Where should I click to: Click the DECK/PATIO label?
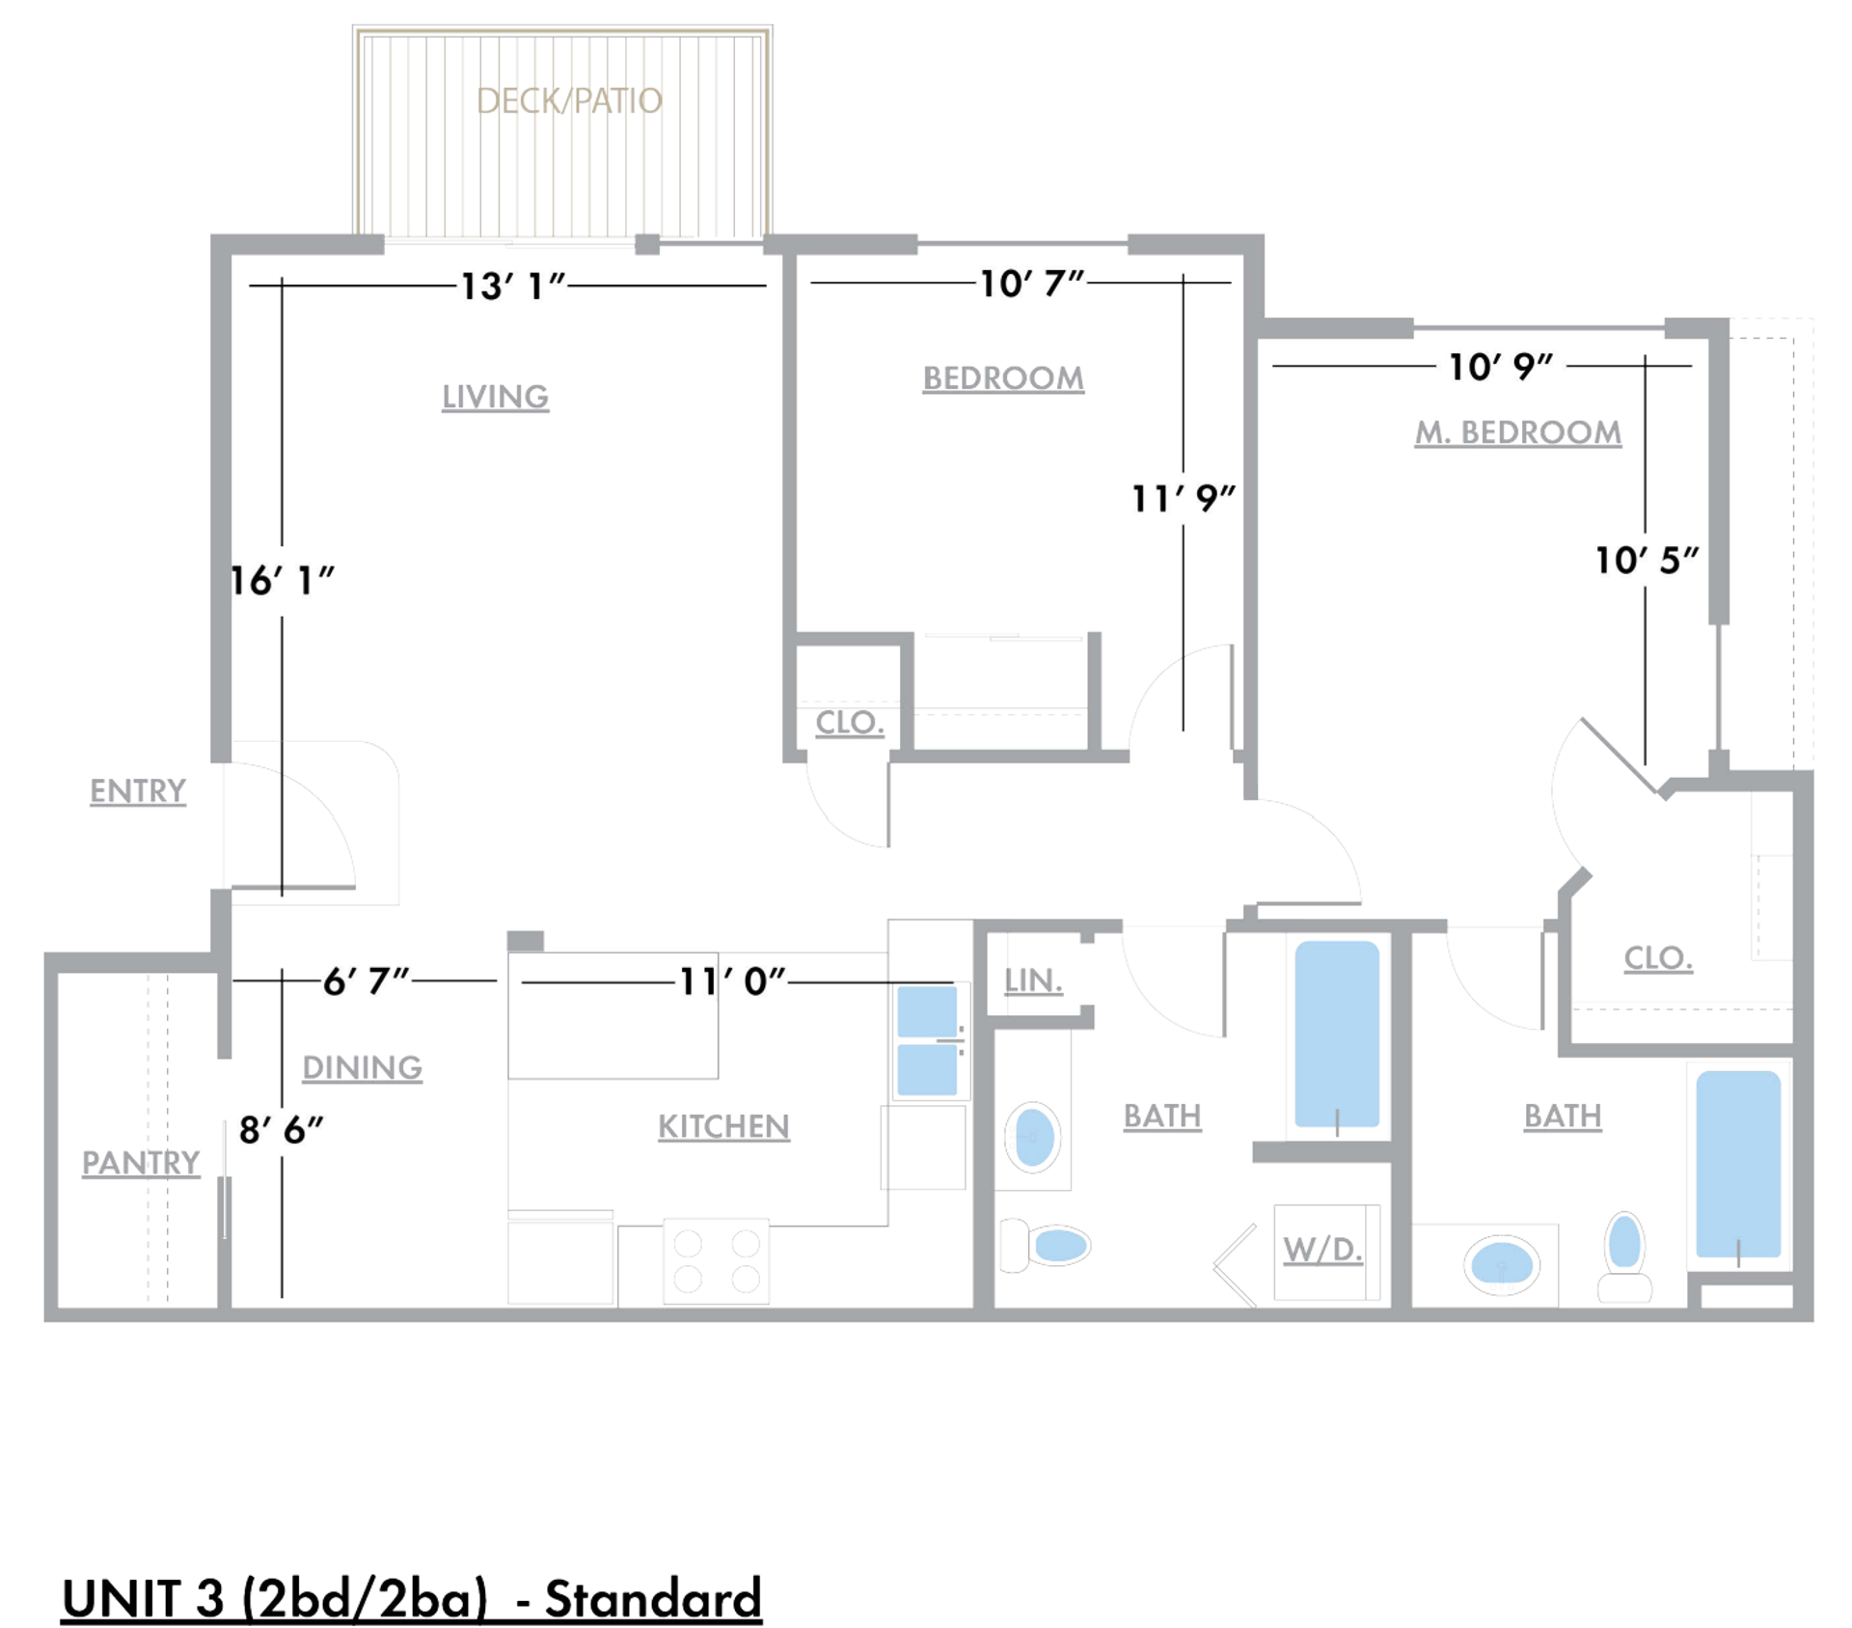point(569,100)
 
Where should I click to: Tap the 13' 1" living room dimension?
point(512,286)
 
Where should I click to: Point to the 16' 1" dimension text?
point(282,581)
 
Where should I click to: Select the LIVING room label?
point(495,397)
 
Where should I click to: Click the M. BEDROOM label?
point(1517,432)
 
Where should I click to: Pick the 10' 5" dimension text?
point(1646,560)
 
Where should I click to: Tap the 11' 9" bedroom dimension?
point(1183,499)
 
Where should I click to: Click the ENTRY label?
point(138,790)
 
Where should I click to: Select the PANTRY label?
point(141,1162)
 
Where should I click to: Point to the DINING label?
point(362,1067)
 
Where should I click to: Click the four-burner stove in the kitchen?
point(716,1260)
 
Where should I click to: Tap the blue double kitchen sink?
point(927,1040)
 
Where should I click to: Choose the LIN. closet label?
point(1033,980)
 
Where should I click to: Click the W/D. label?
point(1322,1250)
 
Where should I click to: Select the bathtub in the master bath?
point(1737,1162)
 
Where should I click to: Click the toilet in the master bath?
point(1624,1254)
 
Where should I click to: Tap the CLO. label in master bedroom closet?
point(1657,957)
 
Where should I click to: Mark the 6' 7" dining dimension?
point(366,981)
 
